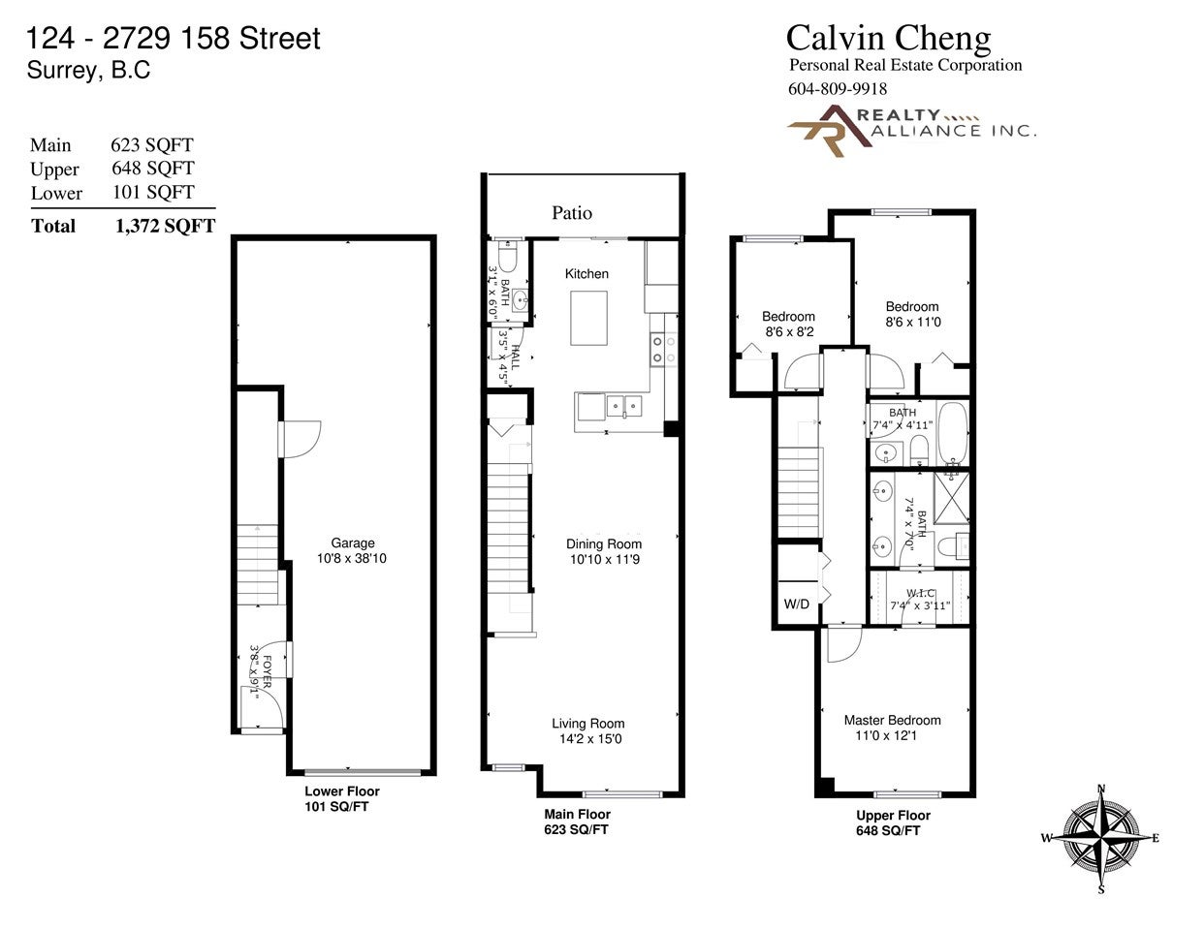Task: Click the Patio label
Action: tap(572, 213)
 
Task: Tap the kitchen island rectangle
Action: tap(589, 319)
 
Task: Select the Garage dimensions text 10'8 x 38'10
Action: tap(352, 558)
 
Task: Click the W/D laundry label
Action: tap(797, 604)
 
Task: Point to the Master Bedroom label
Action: tap(892, 720)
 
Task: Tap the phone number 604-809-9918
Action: tap(838, 88)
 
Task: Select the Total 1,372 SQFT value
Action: tap(165, 226)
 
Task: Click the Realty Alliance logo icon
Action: tap(830, 131)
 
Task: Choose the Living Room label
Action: tap(587, 724)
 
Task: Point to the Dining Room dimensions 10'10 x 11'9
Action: tap(605, 559)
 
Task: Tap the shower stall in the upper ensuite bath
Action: tap(951, 498)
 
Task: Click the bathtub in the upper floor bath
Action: tap(953, 433)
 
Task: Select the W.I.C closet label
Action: tap(920, 593)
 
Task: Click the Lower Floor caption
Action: tap(342, 791)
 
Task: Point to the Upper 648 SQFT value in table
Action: tap(153, 169)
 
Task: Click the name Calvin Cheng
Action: tap(888, 38)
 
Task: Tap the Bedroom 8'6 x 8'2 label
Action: tap(788, 324)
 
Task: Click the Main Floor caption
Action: tap(577, 815)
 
